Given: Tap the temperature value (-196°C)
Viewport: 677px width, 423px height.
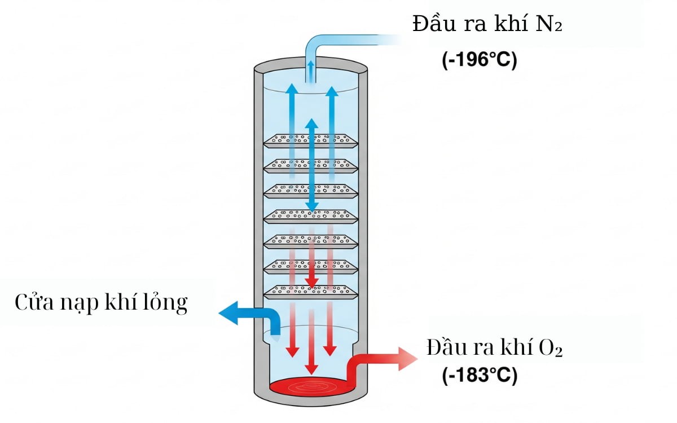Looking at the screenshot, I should pyautogui.click(x=480, y=60).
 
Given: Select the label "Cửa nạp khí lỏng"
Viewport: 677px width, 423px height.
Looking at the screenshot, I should pyautogui.click(x=101, y=303).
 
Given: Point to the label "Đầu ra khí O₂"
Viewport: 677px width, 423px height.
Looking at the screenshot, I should pyautogui.click(x=495, y=347).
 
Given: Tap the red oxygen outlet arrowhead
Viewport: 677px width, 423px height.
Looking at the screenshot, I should pyautogui.click(x=408, y=359).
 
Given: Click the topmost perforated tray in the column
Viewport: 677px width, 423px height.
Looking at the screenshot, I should pyautogui.click(x=311, y=139).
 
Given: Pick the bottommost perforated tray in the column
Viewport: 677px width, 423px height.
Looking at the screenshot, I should pyautogui.click(x=311, y=291).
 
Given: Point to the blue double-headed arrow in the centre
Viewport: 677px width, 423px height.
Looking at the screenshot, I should pyautogui.click(x=311, y=164).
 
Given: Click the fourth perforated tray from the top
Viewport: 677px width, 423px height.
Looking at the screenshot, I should pyautogui.click(x=311, y=215).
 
